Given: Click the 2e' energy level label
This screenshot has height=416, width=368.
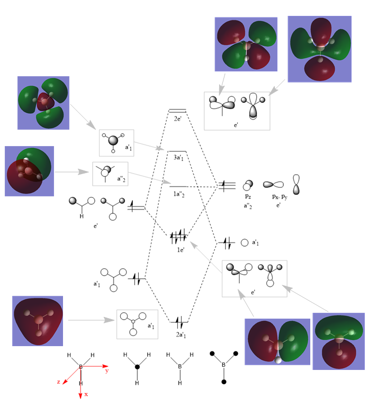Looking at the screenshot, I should click(x=177, y=119).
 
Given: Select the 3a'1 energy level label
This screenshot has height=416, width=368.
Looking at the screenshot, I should click(x=177, y=158).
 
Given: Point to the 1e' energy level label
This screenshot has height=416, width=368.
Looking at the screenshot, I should click(x=180, y=249).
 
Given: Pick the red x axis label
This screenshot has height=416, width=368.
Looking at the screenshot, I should click(x=86, y=394).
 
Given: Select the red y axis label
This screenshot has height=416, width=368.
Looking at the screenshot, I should click(x=106, y=371).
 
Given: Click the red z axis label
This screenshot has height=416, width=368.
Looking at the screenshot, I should click(x=59, y=382).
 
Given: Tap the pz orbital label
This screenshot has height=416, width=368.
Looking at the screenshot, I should click(x=248, y=196).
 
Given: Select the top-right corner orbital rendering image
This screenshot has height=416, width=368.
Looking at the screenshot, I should click(x=319, y=49).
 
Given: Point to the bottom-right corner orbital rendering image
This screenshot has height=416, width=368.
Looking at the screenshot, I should click(x=338, y=341).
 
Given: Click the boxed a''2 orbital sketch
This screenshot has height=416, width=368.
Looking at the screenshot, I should click(x=110, y=173).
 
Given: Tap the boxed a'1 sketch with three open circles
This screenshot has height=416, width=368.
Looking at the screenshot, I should click(x=137, y=324).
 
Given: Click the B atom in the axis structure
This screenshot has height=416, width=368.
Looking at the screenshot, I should click(x=81, y=366).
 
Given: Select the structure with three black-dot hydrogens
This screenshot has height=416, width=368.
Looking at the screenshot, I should click(x=224, y=366).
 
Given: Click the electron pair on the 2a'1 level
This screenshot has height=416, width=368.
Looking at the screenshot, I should click(x=179, y=321).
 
